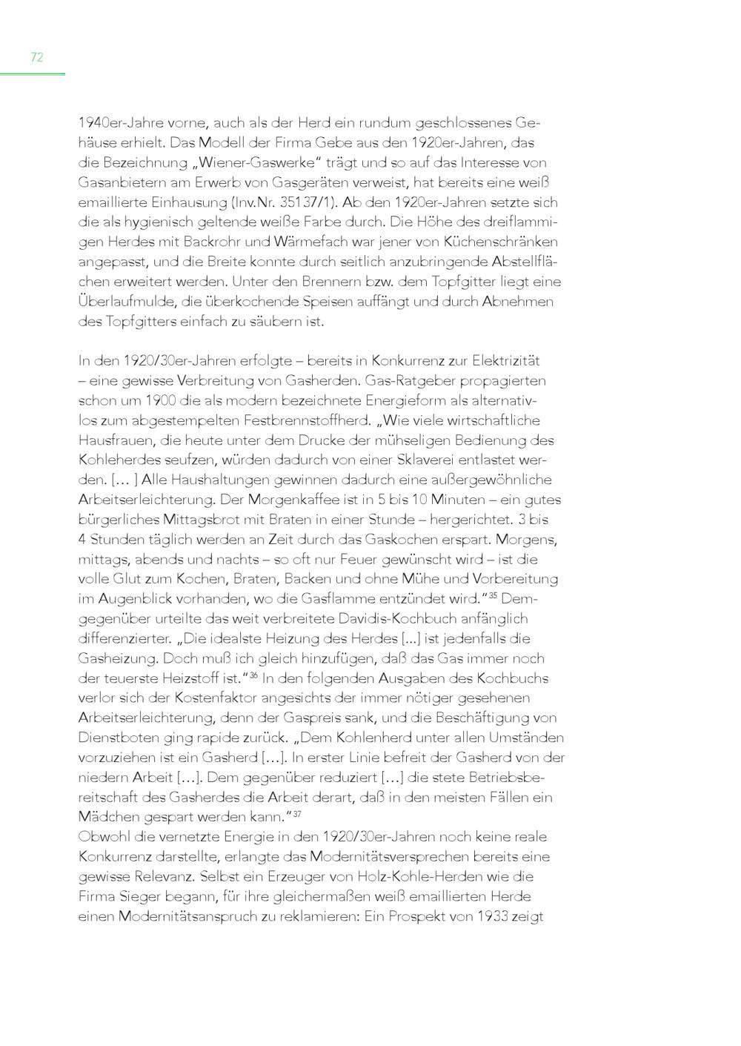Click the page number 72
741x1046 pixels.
click(37, 57)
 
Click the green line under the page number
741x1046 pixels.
click(33, 74)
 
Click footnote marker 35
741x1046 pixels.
click(494, 595)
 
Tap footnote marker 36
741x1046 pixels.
click(253, 675)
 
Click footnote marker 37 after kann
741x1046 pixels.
click(296, 814)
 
